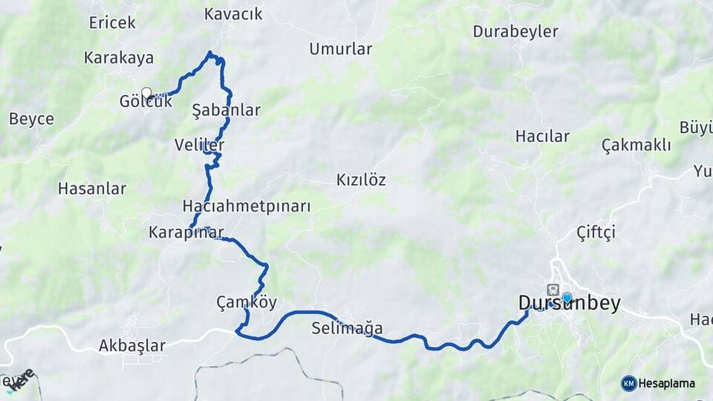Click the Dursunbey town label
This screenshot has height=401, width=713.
click(568, 304)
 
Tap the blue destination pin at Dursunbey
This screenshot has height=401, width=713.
click(567, 298)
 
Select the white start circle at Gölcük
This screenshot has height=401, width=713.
click(146, 92)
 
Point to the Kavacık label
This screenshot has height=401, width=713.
click(233, 14)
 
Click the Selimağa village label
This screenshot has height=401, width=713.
click(348, 327)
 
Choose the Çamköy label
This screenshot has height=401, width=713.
click(247, 302)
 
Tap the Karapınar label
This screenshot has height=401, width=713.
click(186, 232)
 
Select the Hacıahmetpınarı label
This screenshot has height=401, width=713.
click(247, 206)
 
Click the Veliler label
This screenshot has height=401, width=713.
click(199, 144)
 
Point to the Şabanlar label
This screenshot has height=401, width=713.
click(226, 111)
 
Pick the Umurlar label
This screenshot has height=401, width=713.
click(340, 49)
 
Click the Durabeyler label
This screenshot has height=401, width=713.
click(515, 32)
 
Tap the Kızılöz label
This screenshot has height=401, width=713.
click(361, 180)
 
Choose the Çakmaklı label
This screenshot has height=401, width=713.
click(636, 145)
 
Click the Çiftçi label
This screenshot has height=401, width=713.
click(596, 232)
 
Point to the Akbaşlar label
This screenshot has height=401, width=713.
click(132, 345)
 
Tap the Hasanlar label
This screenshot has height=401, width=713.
click(91, 189)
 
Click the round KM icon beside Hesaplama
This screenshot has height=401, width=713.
click(629, 383)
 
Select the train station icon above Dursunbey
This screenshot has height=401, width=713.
click(553, 289)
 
